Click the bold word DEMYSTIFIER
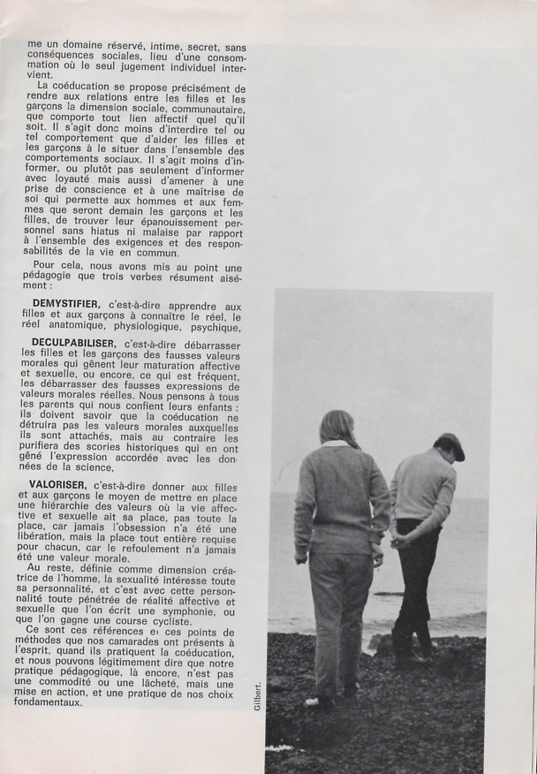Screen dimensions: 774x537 [x=64, y=305]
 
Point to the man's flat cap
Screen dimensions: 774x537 [x=451, y=444]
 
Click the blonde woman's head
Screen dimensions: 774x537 [x=339, y=429]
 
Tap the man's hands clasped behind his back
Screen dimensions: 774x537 [x=403, y=540]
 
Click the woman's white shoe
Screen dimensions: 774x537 [x=311, y=702]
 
